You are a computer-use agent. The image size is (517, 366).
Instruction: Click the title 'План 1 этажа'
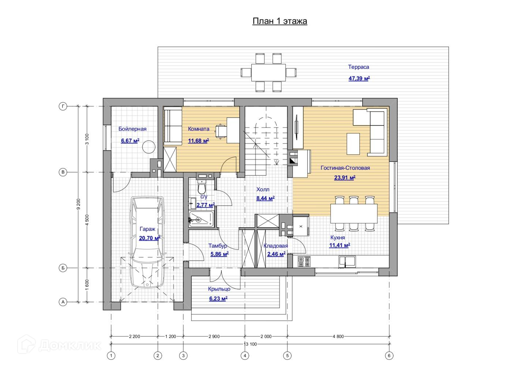pos(280,21)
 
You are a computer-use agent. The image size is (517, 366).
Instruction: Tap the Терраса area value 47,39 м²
pos(359,79)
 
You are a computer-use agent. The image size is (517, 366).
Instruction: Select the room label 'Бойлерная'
pos(132,129)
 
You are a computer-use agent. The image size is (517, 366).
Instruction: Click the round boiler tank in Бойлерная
pos(149,147)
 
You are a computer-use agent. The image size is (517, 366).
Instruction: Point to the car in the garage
pos(147,242)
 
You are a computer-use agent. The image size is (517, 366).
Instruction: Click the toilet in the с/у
pos(202,187)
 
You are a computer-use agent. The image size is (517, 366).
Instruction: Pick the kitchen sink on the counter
pos(347,262)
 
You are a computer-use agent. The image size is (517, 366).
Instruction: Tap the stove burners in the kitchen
pos(304,262)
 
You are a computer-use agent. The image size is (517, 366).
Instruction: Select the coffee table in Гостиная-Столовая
pos(353,144)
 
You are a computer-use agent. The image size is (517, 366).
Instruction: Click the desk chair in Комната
pos(221,131)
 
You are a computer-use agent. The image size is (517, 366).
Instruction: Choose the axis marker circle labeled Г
pos(63,107)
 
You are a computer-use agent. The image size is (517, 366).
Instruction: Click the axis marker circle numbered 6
pos(389,356)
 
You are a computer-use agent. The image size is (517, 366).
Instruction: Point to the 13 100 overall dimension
pos(250,344)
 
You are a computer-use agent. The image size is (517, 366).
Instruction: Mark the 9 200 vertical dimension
pos(78,204)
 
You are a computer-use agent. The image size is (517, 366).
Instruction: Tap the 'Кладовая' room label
pos(276,246)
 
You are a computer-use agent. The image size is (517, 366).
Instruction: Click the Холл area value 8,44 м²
pos(265,198)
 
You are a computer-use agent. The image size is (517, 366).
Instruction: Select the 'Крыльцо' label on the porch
pos(219,289)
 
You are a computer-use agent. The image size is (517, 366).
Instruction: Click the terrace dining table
pos(269,72)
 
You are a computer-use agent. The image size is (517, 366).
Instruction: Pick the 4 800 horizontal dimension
pos(338,336)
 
